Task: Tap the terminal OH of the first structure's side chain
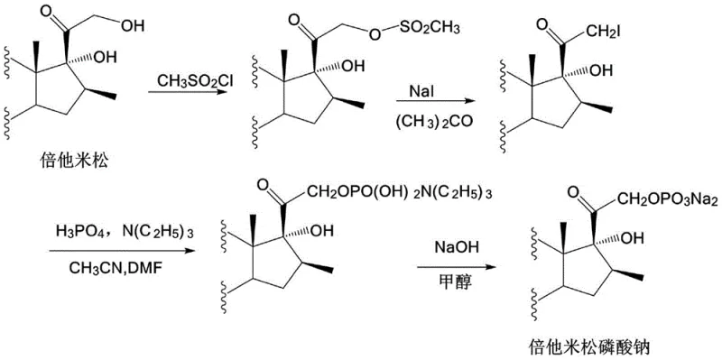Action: click(x=132, y=25)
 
